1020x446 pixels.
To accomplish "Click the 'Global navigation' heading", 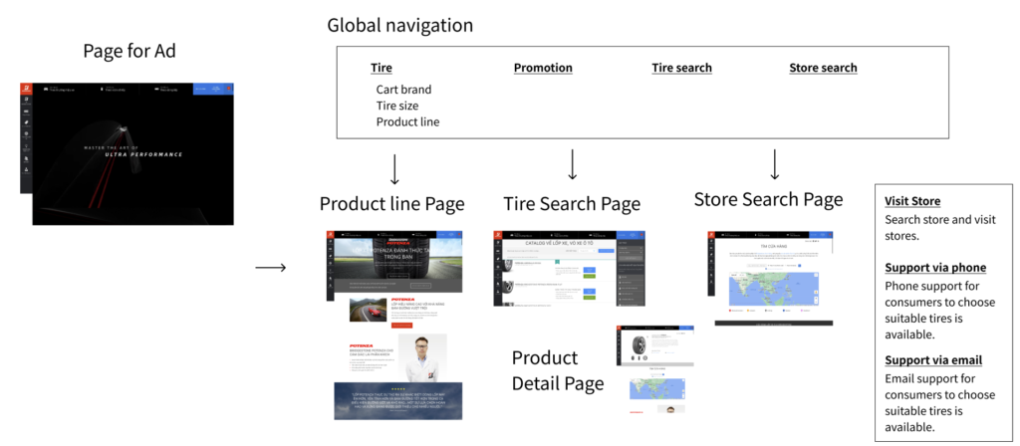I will (x=399, y=25).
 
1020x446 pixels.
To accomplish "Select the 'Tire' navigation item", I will (x=382, y=68).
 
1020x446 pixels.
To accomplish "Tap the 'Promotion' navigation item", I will (x=543, y=68).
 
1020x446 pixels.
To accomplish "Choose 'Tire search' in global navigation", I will (x=681, y=68).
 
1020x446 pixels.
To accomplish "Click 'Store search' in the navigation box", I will (x=823, y=68).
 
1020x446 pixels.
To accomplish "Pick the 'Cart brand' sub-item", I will (x=403, y=90).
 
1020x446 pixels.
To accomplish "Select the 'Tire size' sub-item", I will (x=397, y=106).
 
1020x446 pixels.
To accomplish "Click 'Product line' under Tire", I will (x=407, y=121).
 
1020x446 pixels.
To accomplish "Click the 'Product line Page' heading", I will (x=391, y=204).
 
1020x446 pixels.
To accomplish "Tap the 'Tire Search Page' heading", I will (x=572, y=204).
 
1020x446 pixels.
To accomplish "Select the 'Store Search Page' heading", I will (x=768, y=199).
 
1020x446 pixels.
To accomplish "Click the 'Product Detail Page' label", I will (x=557, y=369).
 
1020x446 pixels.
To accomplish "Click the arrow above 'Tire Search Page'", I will (x=572, y=164).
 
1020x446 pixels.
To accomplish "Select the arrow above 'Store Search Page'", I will (x=775, y=164).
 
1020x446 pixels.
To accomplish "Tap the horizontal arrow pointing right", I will (x=271, y=267).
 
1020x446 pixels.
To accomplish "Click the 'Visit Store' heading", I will (x=912, y=201).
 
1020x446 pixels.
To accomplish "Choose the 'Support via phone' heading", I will (x=935, y=268).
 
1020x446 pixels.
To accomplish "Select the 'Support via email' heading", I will (x=933, y=359).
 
